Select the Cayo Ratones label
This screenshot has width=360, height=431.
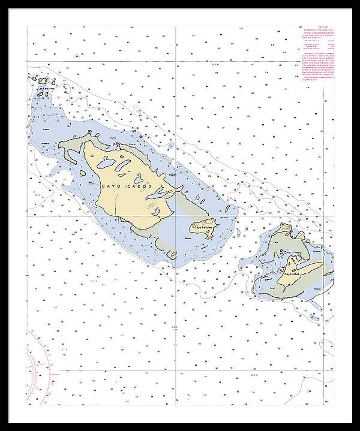coord(202,227)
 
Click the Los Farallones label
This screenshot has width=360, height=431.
coord(47,89)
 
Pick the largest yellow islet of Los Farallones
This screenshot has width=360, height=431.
coord(43,79)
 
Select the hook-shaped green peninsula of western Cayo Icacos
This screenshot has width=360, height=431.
coord(69,150)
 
